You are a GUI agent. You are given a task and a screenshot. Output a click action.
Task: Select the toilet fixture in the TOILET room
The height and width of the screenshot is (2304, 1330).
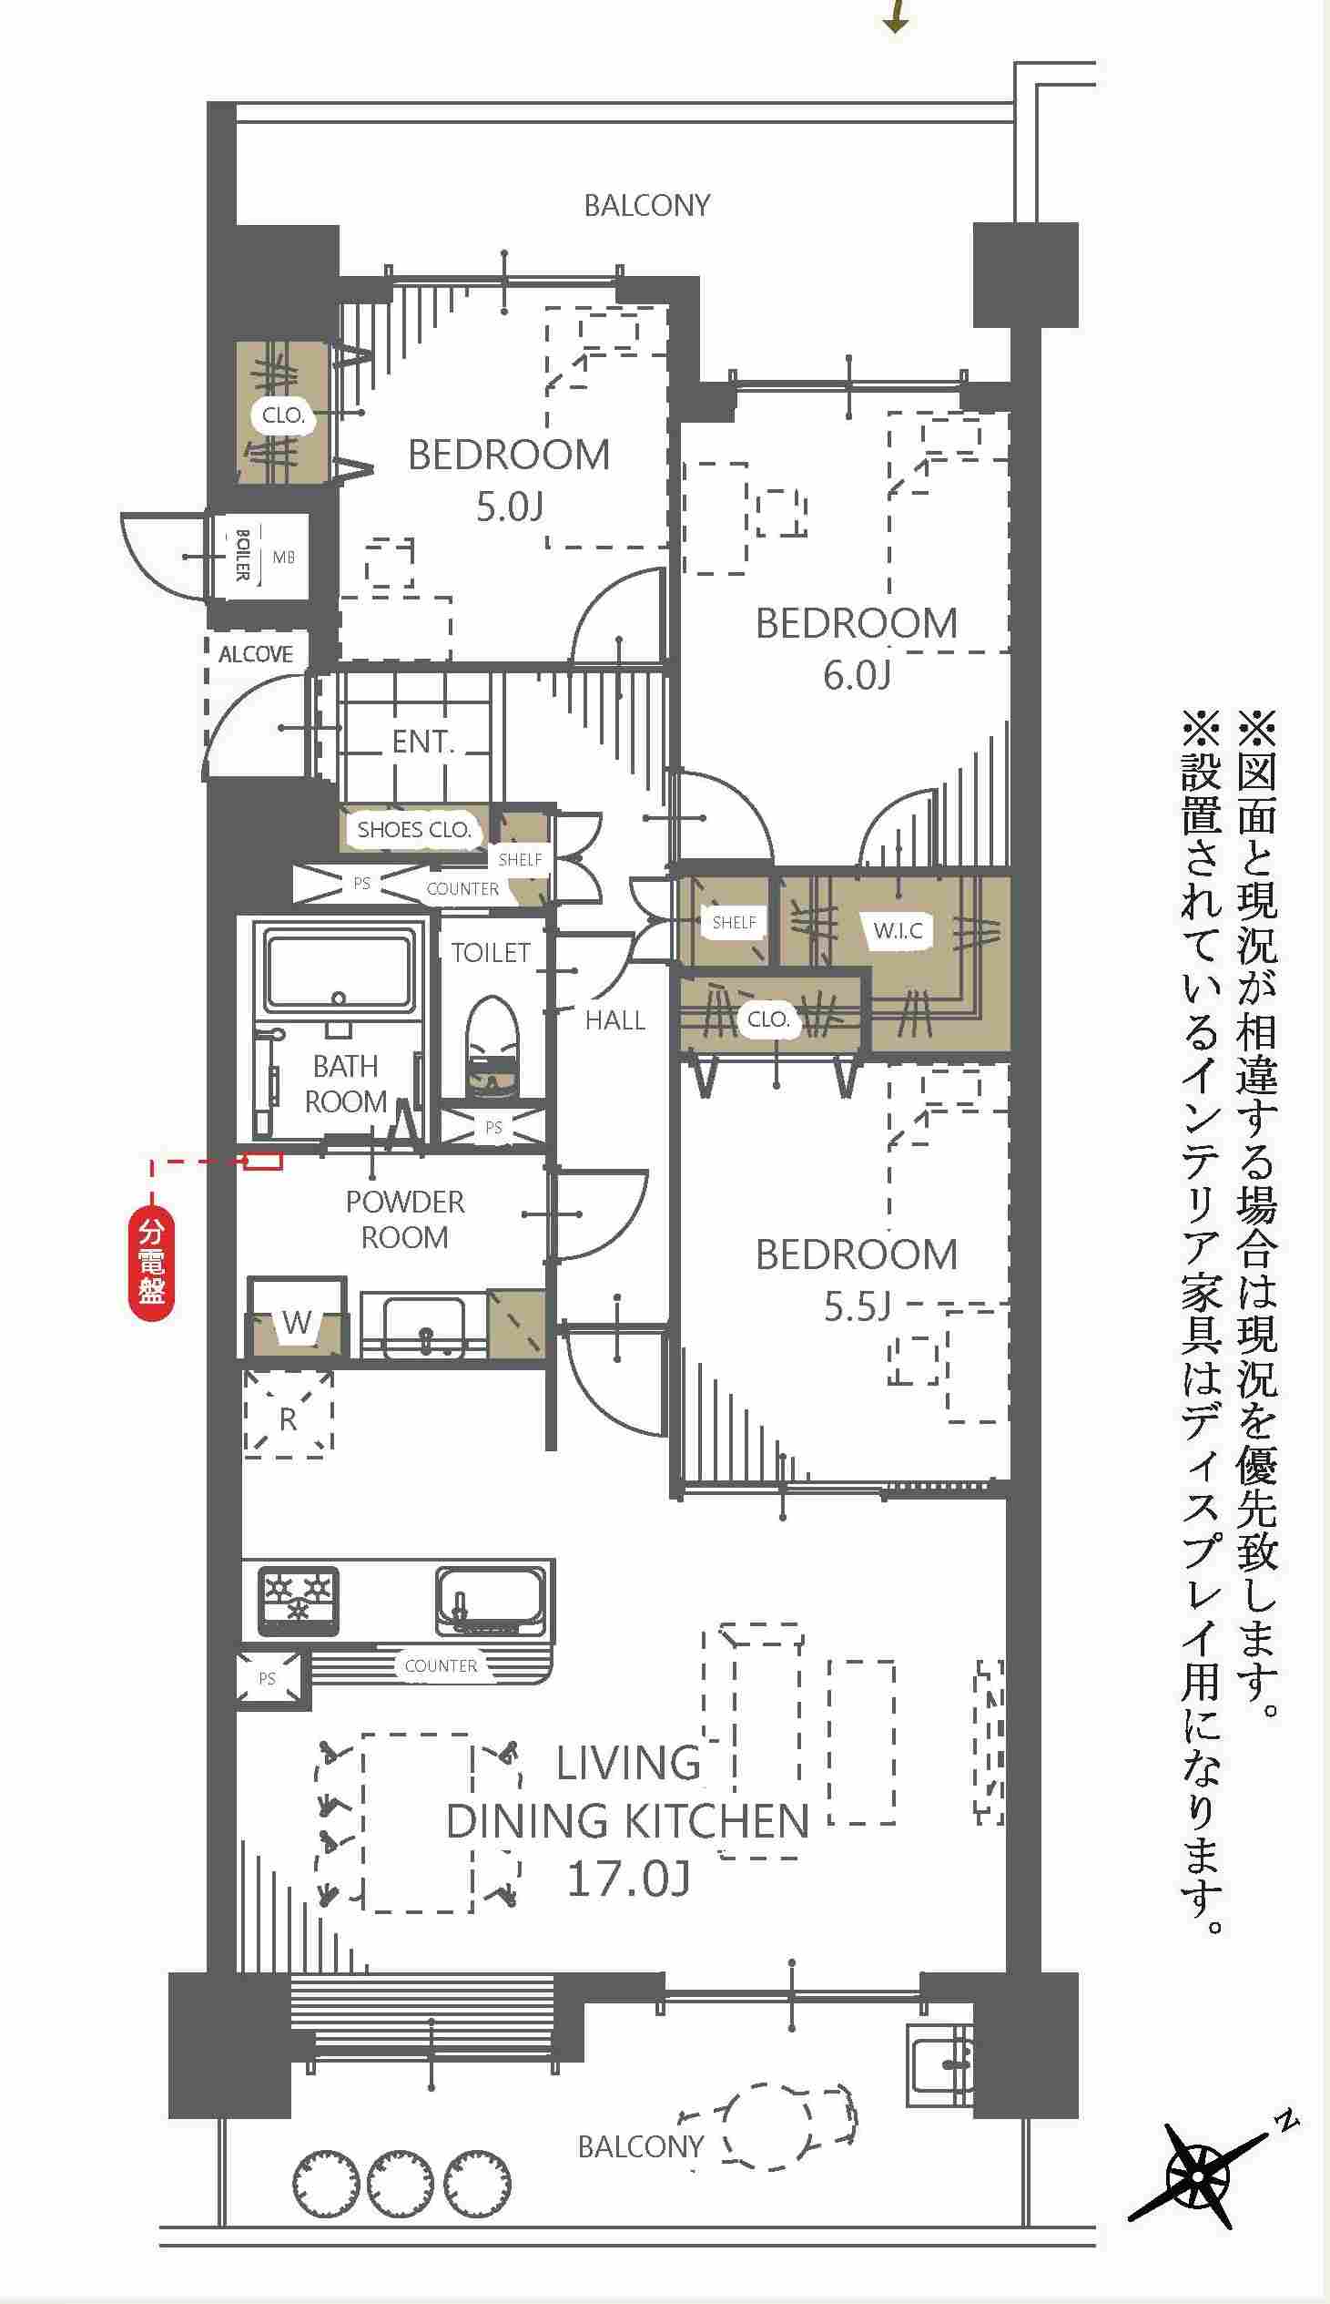(492, 1048)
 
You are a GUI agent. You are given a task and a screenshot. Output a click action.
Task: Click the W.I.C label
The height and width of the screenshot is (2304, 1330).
(898, 931)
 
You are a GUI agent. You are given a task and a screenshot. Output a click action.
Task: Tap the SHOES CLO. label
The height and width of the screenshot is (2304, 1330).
(414, 830)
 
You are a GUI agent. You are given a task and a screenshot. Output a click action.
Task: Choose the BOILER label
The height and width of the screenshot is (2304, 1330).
(242, 555)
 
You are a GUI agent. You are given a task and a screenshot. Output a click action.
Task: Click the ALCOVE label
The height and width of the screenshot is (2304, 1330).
(256, 654)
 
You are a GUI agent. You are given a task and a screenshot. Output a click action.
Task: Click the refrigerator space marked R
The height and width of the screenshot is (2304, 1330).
(288, 1413)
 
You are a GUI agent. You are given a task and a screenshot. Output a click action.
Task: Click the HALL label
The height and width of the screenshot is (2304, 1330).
(614, 1020)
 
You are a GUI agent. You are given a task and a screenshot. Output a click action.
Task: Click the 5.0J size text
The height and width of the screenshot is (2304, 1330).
(509, 507)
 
